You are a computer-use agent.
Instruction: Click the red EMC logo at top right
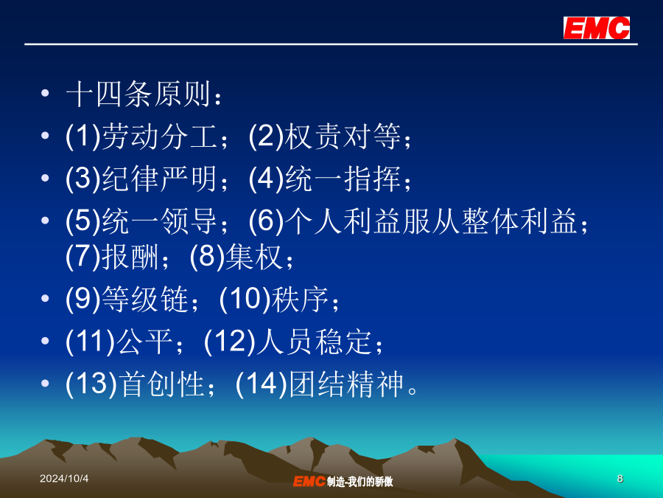pos(596,28)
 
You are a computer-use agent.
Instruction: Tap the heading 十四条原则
pos(138,94)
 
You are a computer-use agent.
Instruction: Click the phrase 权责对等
pos(343,136)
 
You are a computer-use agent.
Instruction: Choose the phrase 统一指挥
pos(343,179)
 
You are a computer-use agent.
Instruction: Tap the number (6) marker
pos(266,221)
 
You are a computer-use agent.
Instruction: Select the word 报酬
pos(130,257)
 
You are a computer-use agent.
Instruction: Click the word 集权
pos(253,257)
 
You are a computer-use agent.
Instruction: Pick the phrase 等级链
pos(145,299)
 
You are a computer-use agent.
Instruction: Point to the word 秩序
pos(300,299)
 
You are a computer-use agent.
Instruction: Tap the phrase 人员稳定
pos(314,342)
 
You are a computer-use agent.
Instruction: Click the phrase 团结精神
pos(346,384)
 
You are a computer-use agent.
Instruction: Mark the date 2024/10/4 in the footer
pos(64,479)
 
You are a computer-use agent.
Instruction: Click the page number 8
pos(620,479)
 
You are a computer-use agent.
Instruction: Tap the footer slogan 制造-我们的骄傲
pos(359,482)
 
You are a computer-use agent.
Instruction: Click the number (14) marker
pos(262,384)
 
